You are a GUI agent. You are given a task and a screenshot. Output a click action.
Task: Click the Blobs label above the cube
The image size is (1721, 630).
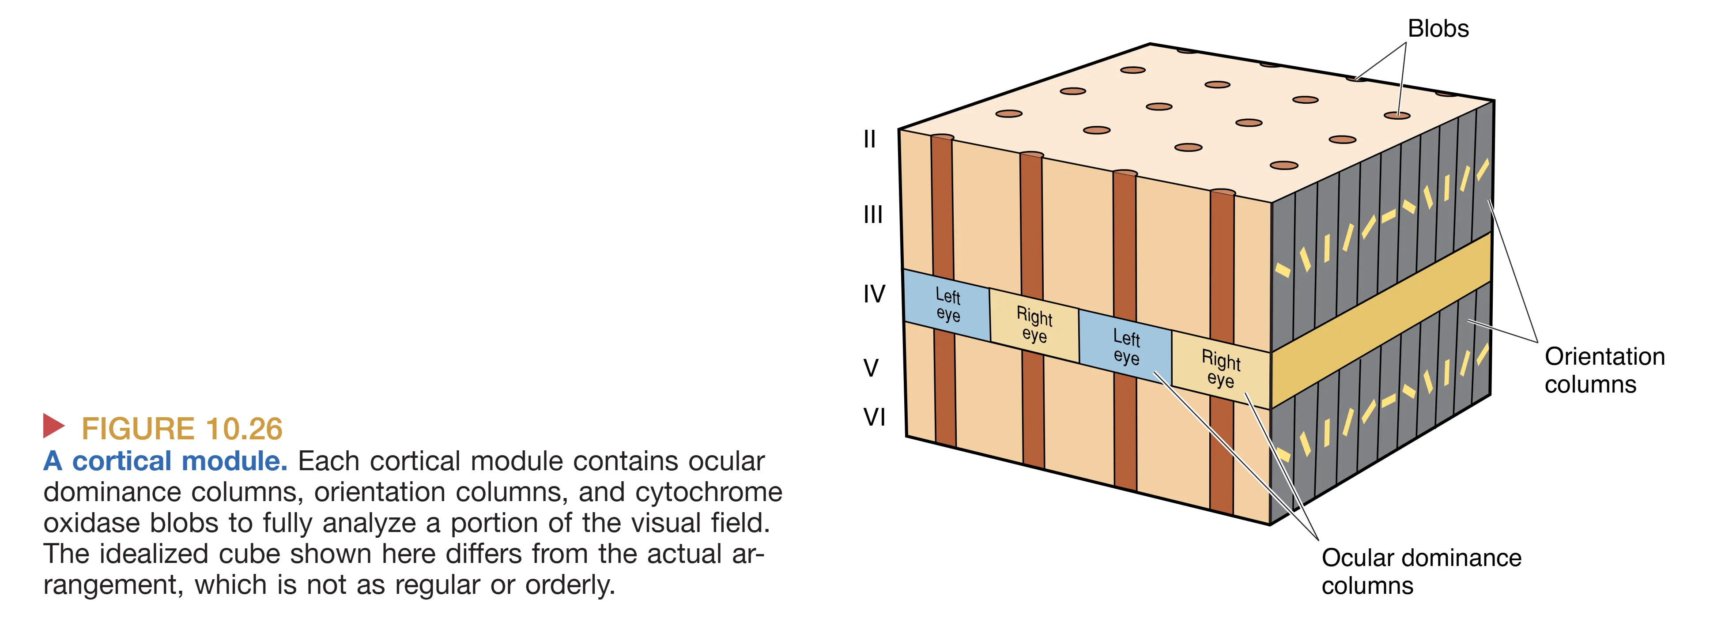[1438, 29]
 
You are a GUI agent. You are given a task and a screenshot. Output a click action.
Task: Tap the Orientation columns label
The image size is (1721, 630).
[1604, 370]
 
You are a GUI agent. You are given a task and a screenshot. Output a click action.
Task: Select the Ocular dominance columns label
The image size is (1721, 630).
[1420, 571]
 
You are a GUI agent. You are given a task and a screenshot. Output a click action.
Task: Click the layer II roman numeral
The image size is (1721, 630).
[869, 139]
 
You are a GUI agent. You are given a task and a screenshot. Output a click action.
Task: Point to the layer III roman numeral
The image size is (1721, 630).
[872, 215]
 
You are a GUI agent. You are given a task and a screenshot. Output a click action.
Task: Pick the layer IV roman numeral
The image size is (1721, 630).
[874, 294]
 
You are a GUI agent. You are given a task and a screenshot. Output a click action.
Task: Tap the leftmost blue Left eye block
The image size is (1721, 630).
[947, 305]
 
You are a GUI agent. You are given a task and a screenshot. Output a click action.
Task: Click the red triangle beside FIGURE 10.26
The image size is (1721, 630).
[53, 426]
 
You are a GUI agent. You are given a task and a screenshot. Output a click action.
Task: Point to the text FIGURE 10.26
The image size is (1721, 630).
[182, 429]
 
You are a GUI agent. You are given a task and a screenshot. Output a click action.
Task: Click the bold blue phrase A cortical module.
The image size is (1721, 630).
[165, 461]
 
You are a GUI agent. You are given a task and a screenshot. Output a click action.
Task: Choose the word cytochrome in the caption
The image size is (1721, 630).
[708, 492]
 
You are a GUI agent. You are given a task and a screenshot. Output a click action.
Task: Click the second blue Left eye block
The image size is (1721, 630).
[1126, 347]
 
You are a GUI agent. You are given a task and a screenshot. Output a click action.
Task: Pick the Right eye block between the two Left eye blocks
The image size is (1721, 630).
[1034, 324]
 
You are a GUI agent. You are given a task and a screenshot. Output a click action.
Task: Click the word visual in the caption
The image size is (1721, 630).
[642, 523]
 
